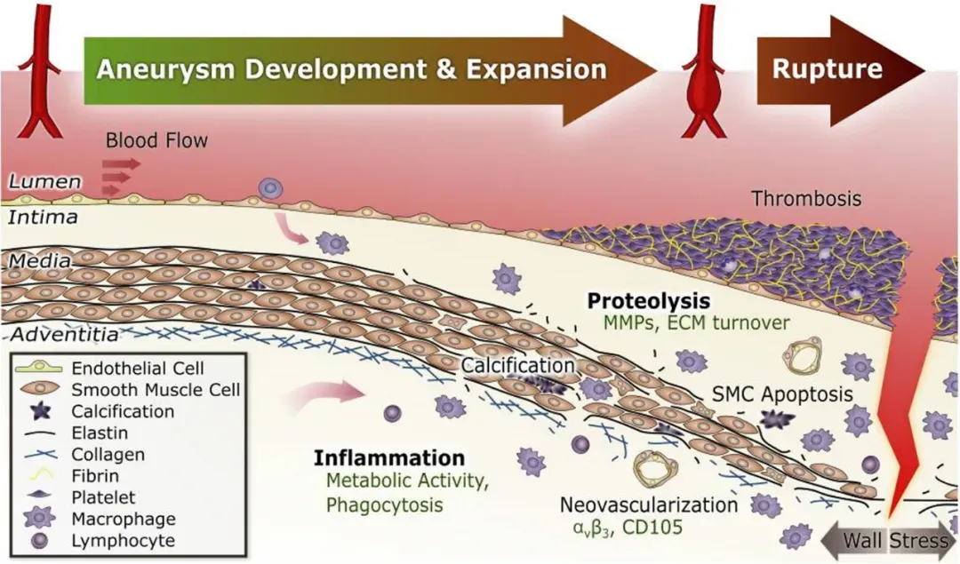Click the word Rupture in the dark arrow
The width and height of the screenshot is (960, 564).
(x=827, y=68)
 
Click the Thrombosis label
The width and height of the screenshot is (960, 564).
(x=807, y=199)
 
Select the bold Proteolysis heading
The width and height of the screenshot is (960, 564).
(x=649, y=300)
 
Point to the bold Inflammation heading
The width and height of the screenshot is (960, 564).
(x=388, y=459)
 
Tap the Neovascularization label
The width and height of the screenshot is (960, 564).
(x=648, y=505)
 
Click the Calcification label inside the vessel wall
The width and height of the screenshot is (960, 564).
(x=518, y=364)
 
